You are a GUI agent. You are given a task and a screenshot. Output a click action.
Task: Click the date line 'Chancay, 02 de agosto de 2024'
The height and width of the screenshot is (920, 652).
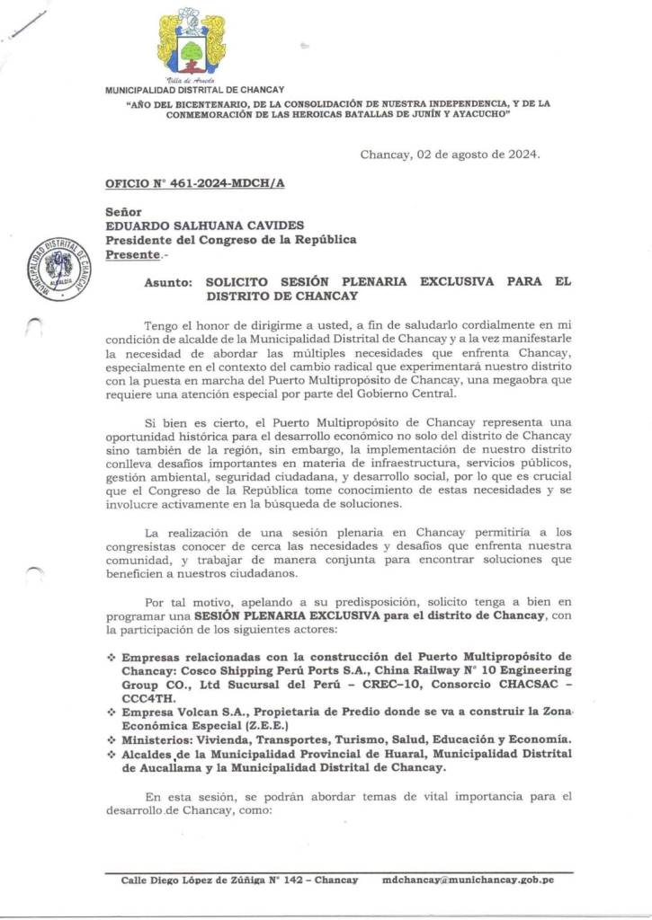tap(450, 155)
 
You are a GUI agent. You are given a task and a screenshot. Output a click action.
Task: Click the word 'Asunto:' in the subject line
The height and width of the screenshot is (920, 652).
tap(168, 281)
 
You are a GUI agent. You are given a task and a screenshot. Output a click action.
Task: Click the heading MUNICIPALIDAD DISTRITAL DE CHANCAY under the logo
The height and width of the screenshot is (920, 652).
tap(194, 90)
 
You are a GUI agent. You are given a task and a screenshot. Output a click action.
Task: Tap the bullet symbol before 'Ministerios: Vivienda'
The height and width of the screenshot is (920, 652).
tap(112, 739)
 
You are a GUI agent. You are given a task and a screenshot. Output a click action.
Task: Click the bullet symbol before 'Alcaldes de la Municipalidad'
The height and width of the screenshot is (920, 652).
tap(112, 754)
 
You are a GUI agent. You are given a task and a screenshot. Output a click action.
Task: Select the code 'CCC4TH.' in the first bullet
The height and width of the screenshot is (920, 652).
tap(148, 696)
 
